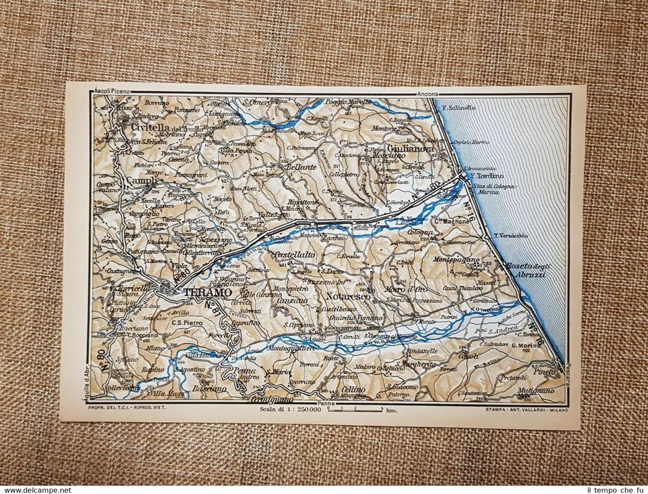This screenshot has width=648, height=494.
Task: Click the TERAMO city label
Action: tap(208, 293)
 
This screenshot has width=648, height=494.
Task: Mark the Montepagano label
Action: tap(457, 260)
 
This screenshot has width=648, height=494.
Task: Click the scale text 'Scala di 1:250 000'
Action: tap(290, 409)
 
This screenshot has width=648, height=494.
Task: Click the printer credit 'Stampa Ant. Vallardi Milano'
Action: tap(526, 410)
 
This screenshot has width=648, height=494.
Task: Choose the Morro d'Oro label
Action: tap(414, 289)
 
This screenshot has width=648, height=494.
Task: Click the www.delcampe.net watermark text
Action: tap(36, 489)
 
